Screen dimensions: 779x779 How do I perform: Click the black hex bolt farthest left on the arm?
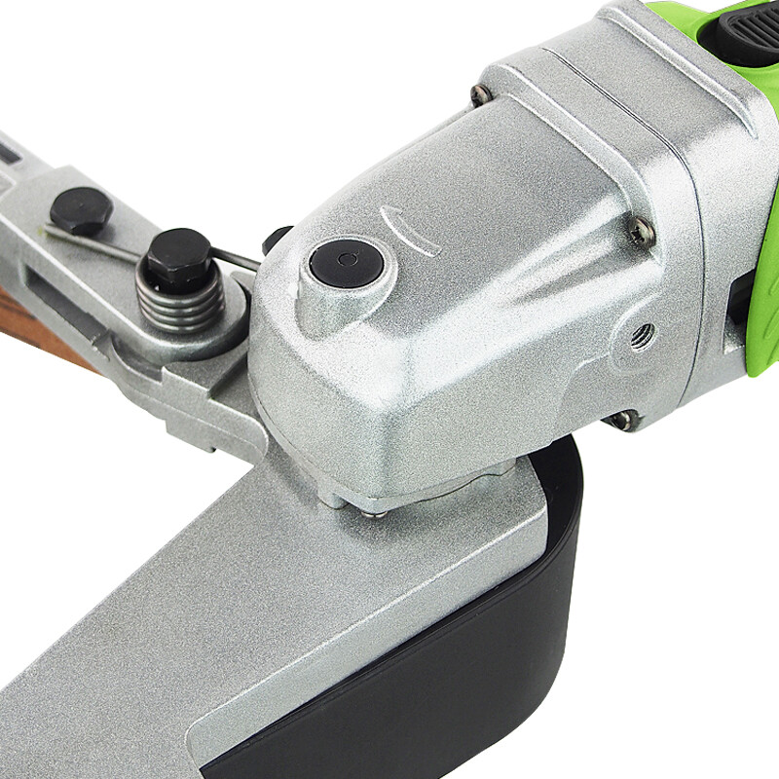81,208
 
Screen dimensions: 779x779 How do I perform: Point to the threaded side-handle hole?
641,336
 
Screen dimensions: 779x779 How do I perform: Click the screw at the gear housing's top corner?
481,94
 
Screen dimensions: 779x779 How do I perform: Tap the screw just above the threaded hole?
640,230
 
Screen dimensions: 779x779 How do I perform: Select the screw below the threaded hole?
620,420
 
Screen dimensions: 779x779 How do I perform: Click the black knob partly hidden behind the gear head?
276,238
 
